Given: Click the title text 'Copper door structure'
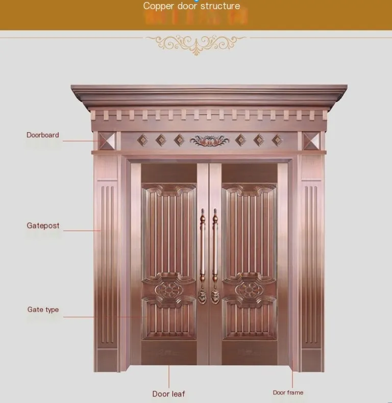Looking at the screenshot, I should (x=191, y=6).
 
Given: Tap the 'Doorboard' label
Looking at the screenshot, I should (x=43, y=135).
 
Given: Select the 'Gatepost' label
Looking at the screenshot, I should (x=43, y=225).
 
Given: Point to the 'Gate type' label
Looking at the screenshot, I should (x=43, y=310).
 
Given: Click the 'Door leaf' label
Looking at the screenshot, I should (x=168, y=394).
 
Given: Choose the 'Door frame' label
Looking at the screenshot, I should (x=288, y=392).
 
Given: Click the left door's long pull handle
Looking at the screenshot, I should (x=203, y=250).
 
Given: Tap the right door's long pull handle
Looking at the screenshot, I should (x=215, y=250).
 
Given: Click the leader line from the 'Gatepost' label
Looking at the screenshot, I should (x=82, y=231).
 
